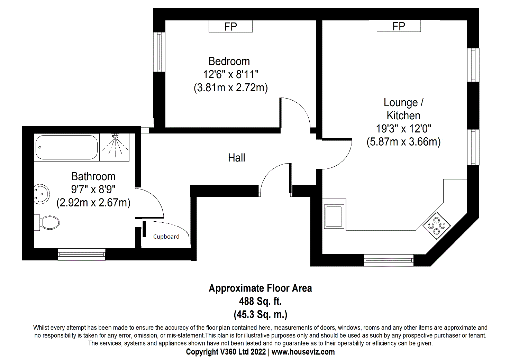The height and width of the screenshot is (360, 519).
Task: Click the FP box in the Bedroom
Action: [x=230, y=26]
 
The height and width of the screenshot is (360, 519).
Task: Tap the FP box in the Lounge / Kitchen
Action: [x=399, y=26]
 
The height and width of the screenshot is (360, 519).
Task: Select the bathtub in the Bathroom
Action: [x=67, y=147]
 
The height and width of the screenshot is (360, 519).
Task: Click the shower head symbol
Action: [x=115, y=136]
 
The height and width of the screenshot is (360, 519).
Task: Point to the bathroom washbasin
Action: [x=42, y=194]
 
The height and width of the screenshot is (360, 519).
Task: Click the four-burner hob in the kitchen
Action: [x=437, y=225]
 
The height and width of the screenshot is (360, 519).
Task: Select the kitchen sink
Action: [x=334, y=217]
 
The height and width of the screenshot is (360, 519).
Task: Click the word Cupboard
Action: [x=166, y=237]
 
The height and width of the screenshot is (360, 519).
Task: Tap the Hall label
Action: [x=237, y=158]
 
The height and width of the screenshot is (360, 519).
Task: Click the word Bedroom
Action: [x=229, y=61]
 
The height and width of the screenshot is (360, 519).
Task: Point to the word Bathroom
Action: [x=93, y=176]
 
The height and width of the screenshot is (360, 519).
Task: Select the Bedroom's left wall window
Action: [x=159, y=52]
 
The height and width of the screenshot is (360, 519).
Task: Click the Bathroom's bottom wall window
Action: [x=82, y=255]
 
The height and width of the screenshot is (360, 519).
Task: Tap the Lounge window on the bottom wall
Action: [x=389, y=260]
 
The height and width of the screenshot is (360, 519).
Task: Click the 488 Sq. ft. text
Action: [x=261, y=301]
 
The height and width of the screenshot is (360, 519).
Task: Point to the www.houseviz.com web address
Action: [x=303, y=352]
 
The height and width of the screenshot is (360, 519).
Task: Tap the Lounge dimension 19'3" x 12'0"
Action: [x=404, y=129]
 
